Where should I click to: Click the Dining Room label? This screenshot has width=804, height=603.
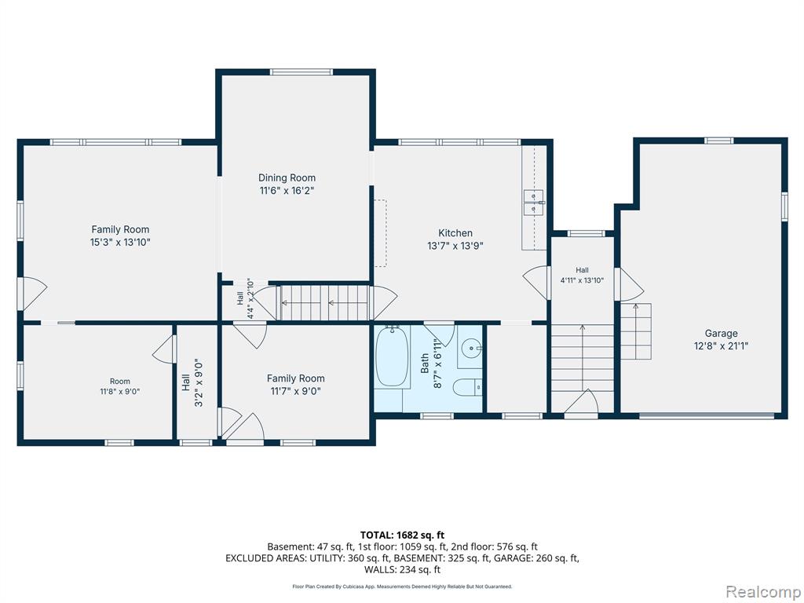pyautogui.click(x=287, y=178)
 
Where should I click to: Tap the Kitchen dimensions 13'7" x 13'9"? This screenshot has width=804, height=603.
pyautogui.click(x=455, y=246)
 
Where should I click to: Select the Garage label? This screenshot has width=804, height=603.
pyautogui.click(x=721, y=333)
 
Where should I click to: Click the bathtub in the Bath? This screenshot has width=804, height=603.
pyautogui.click(x=393, y=357)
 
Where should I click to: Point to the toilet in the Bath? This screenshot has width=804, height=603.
pyautogui.click(x=468, y=387)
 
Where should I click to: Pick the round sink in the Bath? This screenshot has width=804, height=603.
pyautogui.click(x=470, y=349)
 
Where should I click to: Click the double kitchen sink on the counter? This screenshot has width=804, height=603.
pyautogui.click(x=533, y=203)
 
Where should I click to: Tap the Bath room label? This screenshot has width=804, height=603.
pyautogui.click(x=425, y=363)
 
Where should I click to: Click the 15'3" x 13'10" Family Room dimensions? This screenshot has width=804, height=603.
pyautogui.click(x=120, y=242)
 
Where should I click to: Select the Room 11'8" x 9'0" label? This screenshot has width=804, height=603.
pyautogui.click(x=120, y=386)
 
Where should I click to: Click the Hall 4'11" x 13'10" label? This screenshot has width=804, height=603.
pyautogui.click(x=582, y=275)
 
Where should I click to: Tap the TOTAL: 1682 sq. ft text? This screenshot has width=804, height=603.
pyautogui.click(x=402, y=535)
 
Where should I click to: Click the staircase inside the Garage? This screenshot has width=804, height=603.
pyautogui.click(x=636, y=331)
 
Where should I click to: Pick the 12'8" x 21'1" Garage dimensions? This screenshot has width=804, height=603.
pyautogui.click(x=721, y=346)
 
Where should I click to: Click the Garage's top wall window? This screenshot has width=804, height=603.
pyautogui.click(x=719, y=141)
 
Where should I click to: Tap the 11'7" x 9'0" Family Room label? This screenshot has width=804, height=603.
pyautogui.click(x=295, y=391)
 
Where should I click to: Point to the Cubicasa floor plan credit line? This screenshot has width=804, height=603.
pyautogui.click(x=402, y=586)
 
